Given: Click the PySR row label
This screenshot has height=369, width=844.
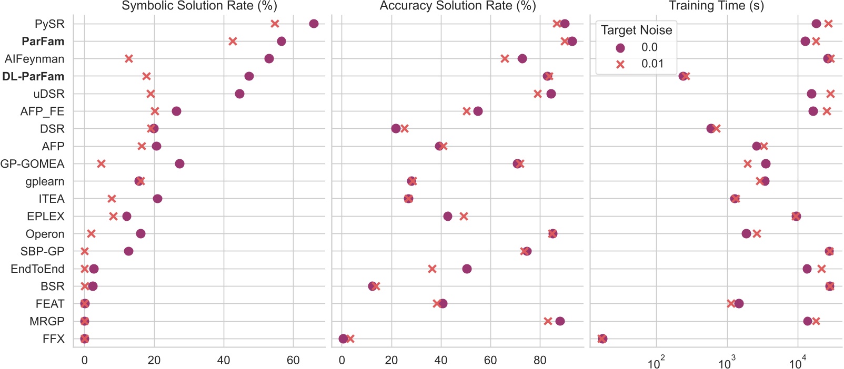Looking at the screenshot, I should pos(49,24).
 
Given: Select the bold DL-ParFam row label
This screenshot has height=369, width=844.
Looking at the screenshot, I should pos(33,76).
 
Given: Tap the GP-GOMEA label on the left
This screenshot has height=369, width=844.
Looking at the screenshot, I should pos(32,164).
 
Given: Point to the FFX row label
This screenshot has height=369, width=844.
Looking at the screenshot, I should pos(53,339).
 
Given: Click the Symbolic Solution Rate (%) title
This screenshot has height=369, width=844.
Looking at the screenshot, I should pos(199,6).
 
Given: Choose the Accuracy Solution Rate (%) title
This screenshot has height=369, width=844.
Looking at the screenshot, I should pos(457,6).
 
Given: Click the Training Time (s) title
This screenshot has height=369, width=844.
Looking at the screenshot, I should pos(716,6).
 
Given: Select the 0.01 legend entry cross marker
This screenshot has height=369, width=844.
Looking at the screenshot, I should pos(620,64).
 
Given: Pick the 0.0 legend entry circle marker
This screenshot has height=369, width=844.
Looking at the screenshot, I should pos(620,48).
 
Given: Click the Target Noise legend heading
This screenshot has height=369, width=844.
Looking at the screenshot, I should pos(636,30).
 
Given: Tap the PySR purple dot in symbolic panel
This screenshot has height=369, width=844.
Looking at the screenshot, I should pos(314,24).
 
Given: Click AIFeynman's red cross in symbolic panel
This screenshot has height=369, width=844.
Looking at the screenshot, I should pos(128,58).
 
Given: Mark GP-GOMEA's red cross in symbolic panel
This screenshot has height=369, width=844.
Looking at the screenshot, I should pos(101,164).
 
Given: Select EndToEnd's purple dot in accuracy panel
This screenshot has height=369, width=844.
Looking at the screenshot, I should pos(467,269).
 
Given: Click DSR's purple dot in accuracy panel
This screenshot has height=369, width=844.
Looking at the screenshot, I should pos(396,128).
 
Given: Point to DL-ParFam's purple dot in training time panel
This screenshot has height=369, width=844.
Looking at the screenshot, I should pos(682,76).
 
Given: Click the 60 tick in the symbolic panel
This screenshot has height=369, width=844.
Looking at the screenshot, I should pos(293,361).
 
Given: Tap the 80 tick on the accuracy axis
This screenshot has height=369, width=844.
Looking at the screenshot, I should pos(540,361).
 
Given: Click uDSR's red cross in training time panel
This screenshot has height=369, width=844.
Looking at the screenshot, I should pos(830,94).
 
